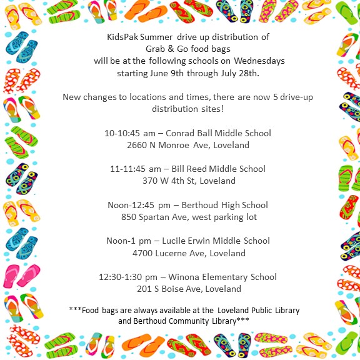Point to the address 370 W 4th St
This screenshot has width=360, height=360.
point(164,181)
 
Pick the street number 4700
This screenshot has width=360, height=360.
point(144,253)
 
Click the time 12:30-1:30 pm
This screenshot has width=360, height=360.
point(124,277)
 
